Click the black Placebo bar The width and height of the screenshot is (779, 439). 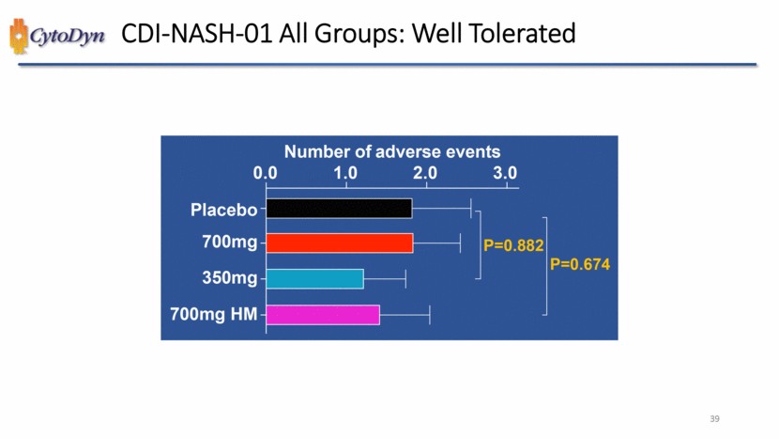[x=339, y=209]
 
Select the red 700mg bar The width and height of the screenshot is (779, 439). [x=339, y=243]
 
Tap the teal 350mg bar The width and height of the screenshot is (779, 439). [x=314, y=278]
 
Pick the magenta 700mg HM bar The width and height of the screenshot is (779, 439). [x=323, y=314]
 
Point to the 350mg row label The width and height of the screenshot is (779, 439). [x=229, y=278]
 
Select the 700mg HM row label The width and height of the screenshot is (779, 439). [x=213, y=314]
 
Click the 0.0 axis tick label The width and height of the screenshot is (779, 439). [x=266, y=174]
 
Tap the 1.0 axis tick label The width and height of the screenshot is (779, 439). [x=345, y=174]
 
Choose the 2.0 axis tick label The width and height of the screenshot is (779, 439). [x=425, y=174]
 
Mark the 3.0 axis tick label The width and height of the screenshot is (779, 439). [x=505, y=174]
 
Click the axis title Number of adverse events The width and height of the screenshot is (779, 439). [x=392, y=151]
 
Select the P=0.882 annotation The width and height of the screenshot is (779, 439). [x=513, y=245]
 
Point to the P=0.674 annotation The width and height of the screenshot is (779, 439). [x=580, y=265]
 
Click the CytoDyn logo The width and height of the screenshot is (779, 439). [x=55, y=37]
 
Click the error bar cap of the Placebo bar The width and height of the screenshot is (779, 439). [x=471, y=209]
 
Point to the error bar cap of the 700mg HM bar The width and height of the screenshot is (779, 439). [x=430, y=314]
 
